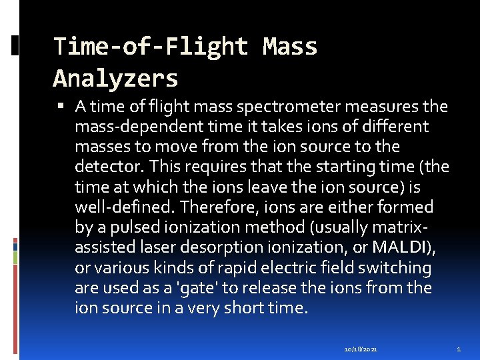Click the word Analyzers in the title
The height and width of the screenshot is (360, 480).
coord(115,79)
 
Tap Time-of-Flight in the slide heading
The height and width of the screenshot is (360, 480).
coord(151,47)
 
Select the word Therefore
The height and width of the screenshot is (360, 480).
coord(214,207)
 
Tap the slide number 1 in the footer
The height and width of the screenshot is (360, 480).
coord(459,349)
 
